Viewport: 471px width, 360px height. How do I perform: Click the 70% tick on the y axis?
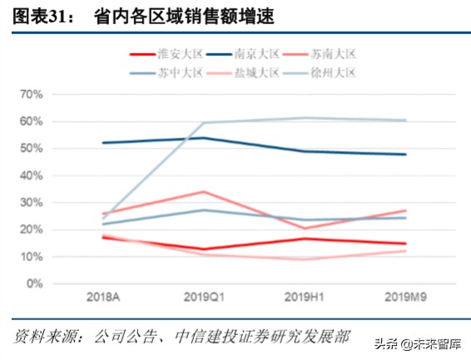pos(31,95)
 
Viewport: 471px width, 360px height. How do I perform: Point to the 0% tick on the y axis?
pos(34,284)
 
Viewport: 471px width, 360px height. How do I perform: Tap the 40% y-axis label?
pos(31,175)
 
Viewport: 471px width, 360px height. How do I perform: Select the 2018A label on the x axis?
pos(102,297)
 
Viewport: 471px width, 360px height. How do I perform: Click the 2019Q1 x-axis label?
pos(204,297)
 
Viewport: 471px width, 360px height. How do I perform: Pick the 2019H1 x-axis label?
pos(305,297)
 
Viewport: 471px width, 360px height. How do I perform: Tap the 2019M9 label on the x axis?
pos(405,297)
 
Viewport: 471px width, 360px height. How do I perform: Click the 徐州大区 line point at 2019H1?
pos(305,118)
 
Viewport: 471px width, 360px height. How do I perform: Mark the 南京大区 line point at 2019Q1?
pos(204,138)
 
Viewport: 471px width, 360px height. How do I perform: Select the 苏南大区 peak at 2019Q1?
pos(204,192)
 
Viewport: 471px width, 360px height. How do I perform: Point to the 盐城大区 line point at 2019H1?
pos(305,259)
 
